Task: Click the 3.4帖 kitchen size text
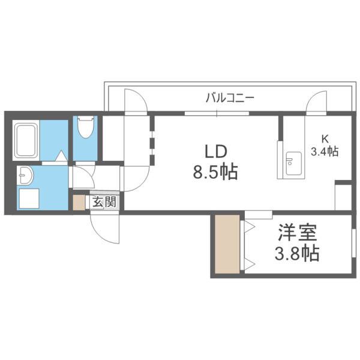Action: pos(324,151)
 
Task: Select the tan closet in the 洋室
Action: pos(229,244)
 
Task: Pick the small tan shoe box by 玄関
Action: pos(79,202)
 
